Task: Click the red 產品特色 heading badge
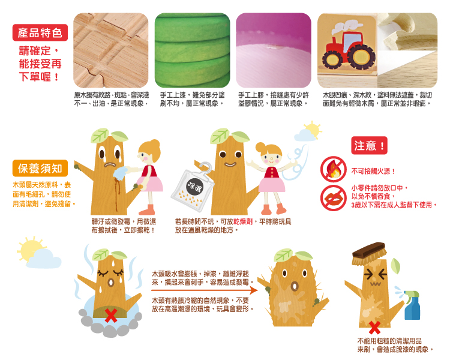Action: click(x=40, y=33)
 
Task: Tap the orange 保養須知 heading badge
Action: click(x=40, y=168)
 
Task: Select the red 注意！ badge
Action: click(x=369, y=146)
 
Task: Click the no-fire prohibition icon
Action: click(x=334, y=169)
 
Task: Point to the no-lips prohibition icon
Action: click(x=334, y=198)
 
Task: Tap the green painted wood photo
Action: click(x=192, y=50)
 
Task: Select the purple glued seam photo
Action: click(x=274, y=50)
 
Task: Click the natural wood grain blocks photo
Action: click(x=111, y=50)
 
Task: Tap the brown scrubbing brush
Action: click(x=369, y=253)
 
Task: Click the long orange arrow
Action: click(x=205, y=290)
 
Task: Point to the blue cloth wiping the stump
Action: click(x=120, y=173)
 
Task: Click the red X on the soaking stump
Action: click(x=110, y=316)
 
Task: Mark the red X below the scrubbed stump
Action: click(x=374, y=328)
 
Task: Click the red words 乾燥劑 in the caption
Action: click(x=243, y=221)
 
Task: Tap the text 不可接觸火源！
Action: click(x=373, y=172)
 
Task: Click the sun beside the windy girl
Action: click(x=312, y=130)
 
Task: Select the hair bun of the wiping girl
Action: click(x=155, y=143)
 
